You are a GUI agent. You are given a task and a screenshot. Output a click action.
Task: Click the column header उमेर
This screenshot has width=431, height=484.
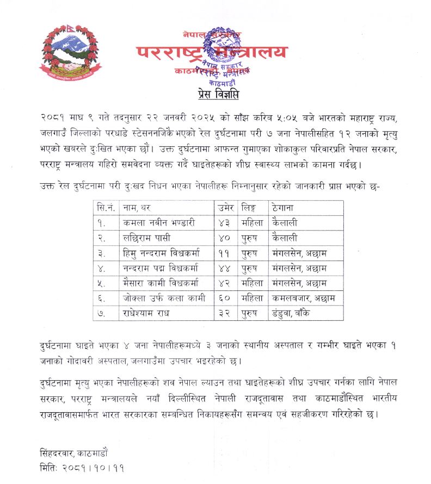226,208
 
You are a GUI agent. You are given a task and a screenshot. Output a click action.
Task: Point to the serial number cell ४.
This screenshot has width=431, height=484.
103,268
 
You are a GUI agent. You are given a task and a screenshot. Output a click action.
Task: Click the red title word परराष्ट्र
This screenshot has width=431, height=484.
169,53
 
